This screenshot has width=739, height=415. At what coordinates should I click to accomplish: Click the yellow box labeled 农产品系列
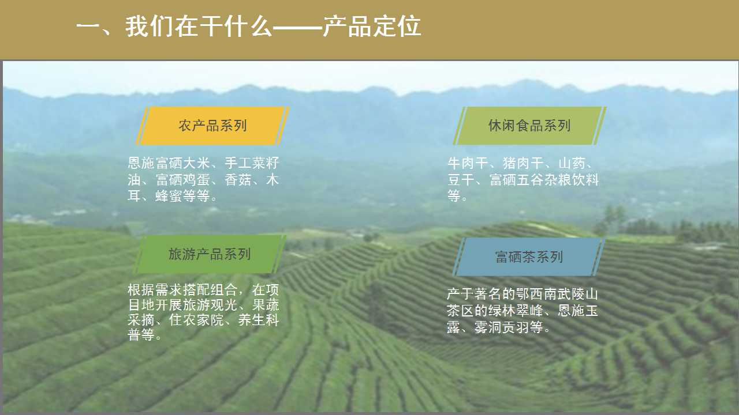pyautogui.click(x=212, y=126)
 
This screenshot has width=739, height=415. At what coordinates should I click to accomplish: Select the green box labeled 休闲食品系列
pyautogui.click(x=529, y=126)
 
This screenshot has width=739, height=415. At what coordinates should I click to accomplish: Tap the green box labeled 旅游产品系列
pyautogui.click(x=210, y=254)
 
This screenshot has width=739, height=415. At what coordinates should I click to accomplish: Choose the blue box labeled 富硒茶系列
pyautogui.click(x=529, y=257)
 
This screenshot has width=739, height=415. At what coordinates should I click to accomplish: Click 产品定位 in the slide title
pyautogui.click(x=372, y=27)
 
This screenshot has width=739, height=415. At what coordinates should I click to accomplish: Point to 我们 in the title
pyautogui.click(x=150, y=27)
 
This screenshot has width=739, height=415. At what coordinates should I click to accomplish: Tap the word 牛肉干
pyautogui.click(x=468, y=163)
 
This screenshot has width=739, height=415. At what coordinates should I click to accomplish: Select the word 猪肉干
pyautogui.click(x=523, y=163)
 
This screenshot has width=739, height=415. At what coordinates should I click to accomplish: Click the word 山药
pyautogui.click(x=572, y=163)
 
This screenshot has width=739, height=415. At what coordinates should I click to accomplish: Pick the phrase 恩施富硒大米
pyautogui.click(x=169, y=163)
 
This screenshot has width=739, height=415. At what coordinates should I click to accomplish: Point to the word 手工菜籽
pyautogui.click(x=252, y=163)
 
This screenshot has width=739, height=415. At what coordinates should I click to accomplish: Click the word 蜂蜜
pyautogui.click(x=169, y=197)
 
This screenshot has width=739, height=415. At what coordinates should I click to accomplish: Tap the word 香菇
pyautogui.click(x=238, y=180)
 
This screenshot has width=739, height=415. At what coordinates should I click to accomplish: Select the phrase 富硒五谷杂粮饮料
pyautogui.click(x=544, y=180)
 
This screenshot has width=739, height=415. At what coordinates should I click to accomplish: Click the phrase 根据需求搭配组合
pyautogui.click(x=182, y=290)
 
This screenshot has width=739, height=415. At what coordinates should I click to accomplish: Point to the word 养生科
pyautogui.click(x=258, y=320)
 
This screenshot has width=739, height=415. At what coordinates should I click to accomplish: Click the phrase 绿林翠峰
pyautogui.click(x=516, y=311)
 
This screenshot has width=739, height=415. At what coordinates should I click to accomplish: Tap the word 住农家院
pyautogui.click(x=196, y=320)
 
